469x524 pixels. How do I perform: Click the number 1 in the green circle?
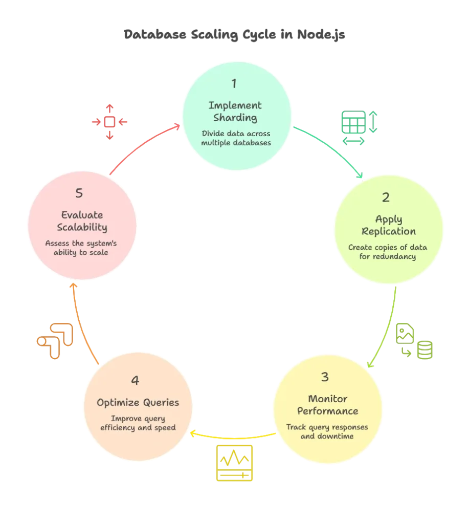coord(234,83)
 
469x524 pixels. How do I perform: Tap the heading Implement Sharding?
coord(235,112)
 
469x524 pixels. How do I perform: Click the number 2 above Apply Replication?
coord(386,198)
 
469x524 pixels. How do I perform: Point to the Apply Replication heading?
coord(388,225)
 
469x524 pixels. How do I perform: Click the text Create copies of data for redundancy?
coord(388,252)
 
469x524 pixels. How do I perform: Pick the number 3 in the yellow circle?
coord(325,377)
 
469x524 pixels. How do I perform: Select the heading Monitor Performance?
coord(327,405)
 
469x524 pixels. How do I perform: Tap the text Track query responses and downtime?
coord(327,432)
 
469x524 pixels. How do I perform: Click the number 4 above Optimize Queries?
coord(135,380)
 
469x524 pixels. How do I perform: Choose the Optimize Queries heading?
coord(138,403)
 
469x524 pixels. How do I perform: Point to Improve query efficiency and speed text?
coord(137,423)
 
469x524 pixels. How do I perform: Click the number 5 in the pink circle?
coord(79,193)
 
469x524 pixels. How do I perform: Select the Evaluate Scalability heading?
coord(82,221)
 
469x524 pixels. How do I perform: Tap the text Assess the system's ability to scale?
coord(81,248)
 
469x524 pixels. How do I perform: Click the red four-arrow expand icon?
coord(109,122)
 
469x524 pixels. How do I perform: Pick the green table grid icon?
coord(360,128)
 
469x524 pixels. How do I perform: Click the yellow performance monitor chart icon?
coord(234,463)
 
